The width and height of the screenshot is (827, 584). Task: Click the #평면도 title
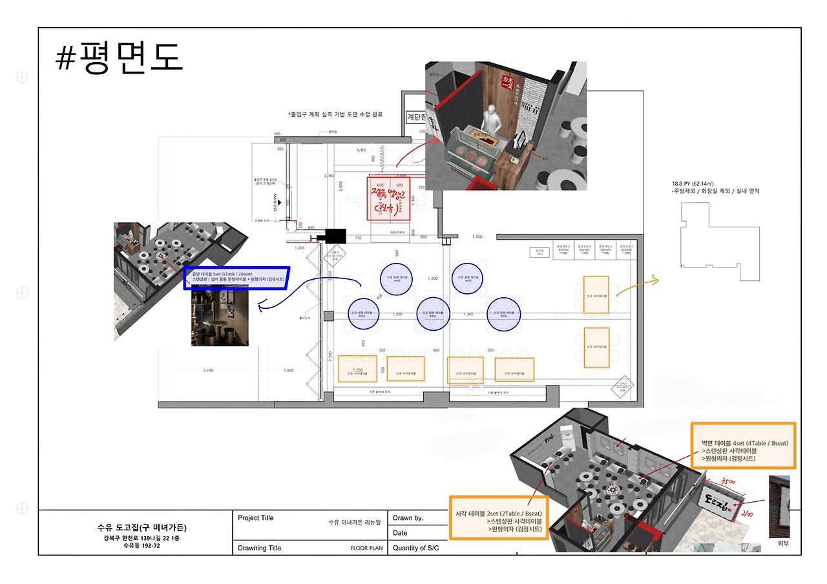click(x=120, y=58)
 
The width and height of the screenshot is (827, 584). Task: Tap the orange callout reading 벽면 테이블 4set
click(x=743, y=446)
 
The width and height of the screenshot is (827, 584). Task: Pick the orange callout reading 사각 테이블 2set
click(x=498, y=517)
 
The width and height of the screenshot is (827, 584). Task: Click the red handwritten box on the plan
click(x=390, y=198)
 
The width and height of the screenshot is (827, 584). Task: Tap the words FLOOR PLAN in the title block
click(x=366, y=548)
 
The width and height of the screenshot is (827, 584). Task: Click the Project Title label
click(x=256, y=518)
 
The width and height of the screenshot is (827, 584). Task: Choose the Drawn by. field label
click(x=408, y=518)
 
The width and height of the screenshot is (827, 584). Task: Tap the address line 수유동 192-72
click(x=141, y=546)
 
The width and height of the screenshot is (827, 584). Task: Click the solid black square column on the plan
click(x=336, y=236)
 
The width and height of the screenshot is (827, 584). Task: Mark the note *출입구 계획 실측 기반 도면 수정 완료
click(x=335, y=114)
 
